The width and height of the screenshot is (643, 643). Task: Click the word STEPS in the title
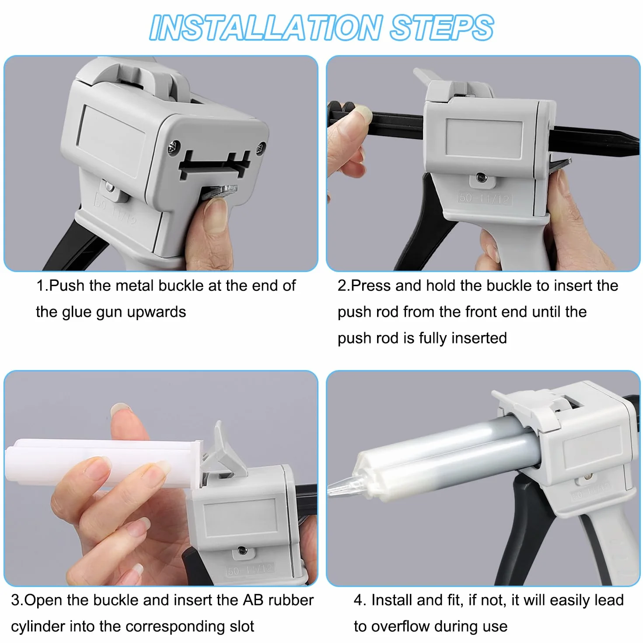[x=442, y=28]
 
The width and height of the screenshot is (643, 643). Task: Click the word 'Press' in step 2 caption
[x=371, y=286]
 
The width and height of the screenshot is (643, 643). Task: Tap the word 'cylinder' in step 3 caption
[x=38, y=626]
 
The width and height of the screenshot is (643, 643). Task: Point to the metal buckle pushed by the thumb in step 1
[x=219, y=192]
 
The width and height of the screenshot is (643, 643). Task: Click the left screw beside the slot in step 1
[x=174, y=147]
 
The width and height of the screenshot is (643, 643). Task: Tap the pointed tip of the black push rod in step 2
[x=637, y=142]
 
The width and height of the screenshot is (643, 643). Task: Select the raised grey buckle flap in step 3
[x=224, y=451]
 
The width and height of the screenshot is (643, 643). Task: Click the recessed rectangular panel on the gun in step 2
[x=484, y=139]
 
